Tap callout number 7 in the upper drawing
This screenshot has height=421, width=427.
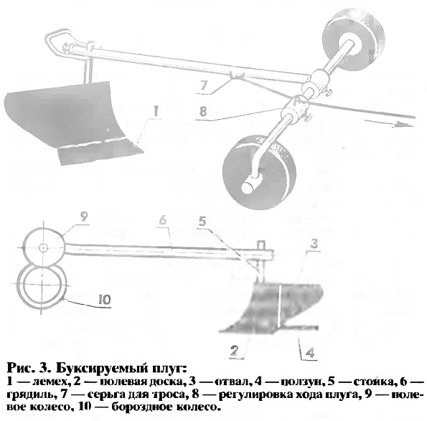pos(204,86)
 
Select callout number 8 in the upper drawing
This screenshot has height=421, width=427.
pos(203,112)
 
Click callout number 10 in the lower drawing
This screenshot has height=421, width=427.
pos(105,300)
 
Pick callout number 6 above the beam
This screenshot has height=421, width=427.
pos(162,220)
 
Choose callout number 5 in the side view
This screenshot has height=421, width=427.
pos(202,222)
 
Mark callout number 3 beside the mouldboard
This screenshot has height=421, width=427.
pos(314,244)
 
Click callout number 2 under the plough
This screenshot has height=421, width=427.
pos(234,351)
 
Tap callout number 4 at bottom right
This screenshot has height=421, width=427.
pos(310,353)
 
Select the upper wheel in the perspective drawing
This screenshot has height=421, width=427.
pos(354,42)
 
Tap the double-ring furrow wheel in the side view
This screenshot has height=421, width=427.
pos(42,288)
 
